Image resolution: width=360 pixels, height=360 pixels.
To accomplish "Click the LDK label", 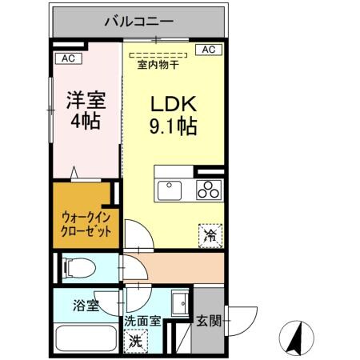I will click(x=171, y=105).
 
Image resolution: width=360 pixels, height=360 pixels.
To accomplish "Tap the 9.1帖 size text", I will click(x=171, y=126).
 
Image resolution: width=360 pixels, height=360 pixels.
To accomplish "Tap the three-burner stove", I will click(x=209, y=190).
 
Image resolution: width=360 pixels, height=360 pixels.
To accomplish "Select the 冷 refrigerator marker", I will click(x=210, y=234).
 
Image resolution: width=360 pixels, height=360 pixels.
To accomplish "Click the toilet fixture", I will click(x=79, y=267).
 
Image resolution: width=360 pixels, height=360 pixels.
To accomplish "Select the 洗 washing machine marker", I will click(x=138, y=340).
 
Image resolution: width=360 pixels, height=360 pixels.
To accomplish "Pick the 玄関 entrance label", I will click(x=210, y=322).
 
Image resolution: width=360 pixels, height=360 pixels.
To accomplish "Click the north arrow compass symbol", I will click(x=295, y=336).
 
